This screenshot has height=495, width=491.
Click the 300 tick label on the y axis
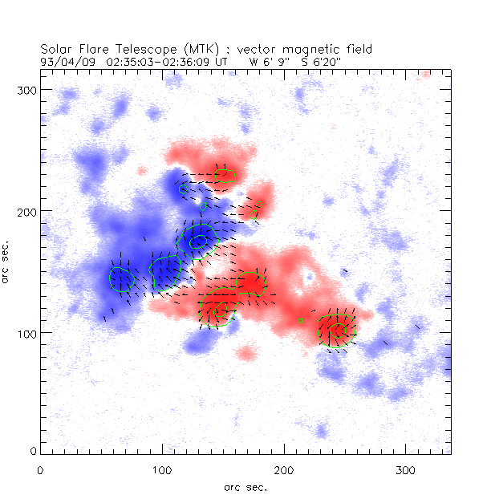25,89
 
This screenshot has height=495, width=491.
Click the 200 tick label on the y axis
25,211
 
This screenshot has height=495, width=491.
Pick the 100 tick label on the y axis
25,332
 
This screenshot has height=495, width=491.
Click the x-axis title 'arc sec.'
245,485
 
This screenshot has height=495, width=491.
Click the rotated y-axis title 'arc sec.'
6,260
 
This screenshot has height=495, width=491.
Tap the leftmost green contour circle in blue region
120,278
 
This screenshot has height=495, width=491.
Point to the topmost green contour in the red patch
225,176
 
